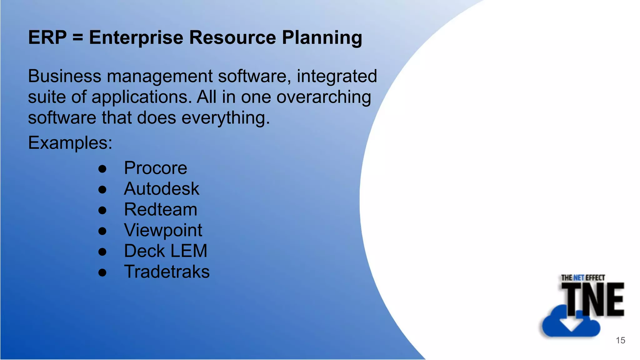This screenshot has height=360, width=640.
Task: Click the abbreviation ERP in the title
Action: (47, 37)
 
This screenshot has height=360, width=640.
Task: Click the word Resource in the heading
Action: (232, 37)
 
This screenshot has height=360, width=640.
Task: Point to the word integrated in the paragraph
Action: (337, 77)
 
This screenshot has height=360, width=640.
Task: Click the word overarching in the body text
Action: (323, 97)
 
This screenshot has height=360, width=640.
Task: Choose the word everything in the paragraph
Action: (225, 118)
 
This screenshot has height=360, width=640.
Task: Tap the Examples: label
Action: (70, 143)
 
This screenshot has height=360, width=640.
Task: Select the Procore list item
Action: (155, 168)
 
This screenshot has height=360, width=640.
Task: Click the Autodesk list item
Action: (161, 189)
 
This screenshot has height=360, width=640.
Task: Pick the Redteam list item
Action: (160, 209)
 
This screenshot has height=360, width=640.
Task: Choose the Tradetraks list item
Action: (167, 272)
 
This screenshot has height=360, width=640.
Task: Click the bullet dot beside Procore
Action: (102, 169)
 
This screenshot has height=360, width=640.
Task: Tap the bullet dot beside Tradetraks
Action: (102, 272)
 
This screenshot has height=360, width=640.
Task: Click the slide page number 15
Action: (620, 340)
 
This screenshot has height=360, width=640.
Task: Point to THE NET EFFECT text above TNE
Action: (583, 277)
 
